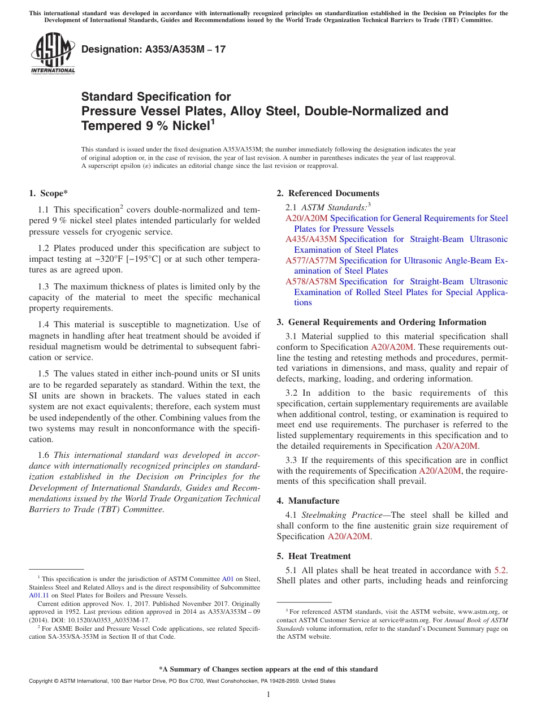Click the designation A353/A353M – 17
[153, 49]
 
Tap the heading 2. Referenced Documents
[328, 193]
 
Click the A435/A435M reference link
[311, 239]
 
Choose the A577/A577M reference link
[311, 260]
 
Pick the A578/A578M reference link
[311, 281]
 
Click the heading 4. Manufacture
[314, 501]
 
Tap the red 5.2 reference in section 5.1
[500, 570]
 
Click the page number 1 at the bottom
[268, 695]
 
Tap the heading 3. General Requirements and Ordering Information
[382, 322]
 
